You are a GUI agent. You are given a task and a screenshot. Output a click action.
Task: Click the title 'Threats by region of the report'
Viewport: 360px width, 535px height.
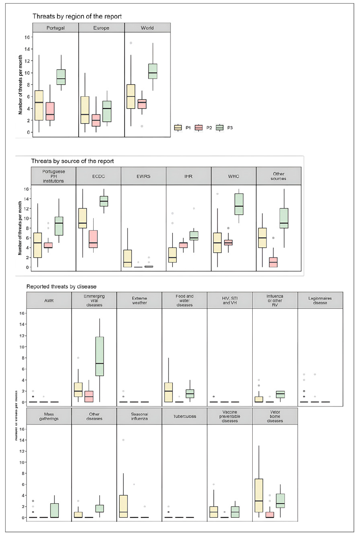(x=77, y=16)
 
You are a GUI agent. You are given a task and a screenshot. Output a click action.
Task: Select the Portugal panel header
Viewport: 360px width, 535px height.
(x=55, y=27)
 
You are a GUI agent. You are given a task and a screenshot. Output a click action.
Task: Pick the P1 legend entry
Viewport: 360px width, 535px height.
(x=182, y=127)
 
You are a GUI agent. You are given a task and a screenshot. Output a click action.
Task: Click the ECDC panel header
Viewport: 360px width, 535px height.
(x=99, y=176)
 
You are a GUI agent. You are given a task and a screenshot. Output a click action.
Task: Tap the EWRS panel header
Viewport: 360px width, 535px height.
(x=143, y=176)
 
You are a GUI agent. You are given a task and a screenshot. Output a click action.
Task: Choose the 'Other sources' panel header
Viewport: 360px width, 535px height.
(x=279, y=176)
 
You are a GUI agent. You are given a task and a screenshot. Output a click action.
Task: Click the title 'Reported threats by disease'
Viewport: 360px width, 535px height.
(x=61, y=286)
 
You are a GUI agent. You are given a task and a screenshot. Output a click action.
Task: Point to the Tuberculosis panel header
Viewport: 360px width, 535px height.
(x=184, y=416)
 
